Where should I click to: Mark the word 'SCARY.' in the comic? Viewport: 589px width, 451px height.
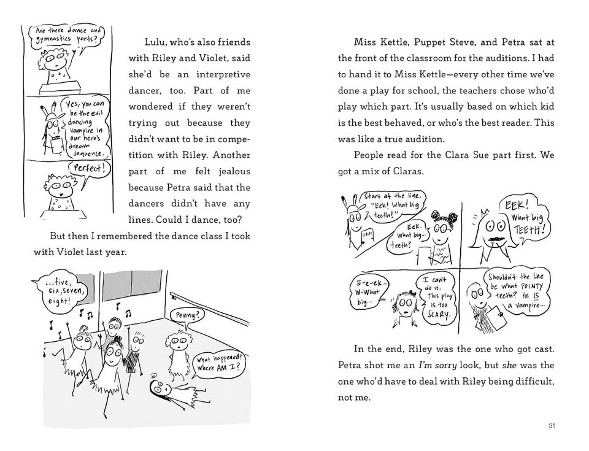(437, 315)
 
